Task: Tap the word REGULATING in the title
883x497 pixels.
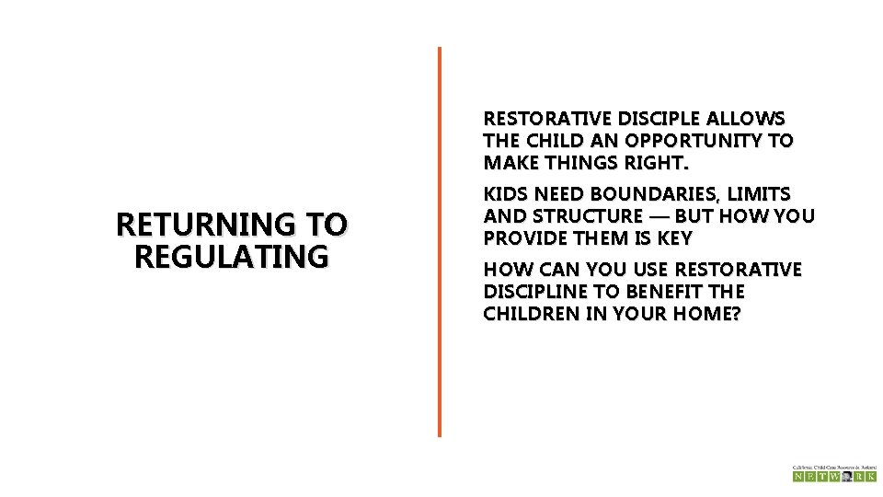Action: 231,255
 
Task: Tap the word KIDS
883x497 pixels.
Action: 506,194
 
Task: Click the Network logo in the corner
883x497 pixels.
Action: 834,473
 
